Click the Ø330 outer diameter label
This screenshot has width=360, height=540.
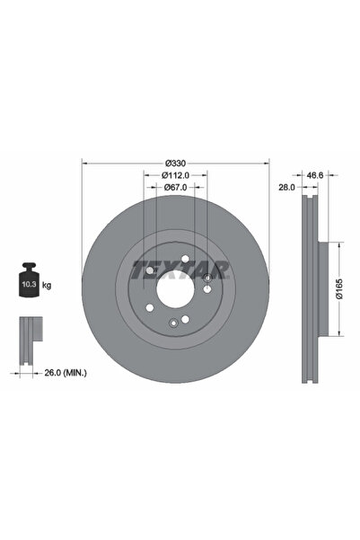(x=176, y=162)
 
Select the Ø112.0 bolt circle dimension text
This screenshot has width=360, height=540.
(x=176, y=174)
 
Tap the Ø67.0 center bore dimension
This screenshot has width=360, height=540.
(x=176, y=187)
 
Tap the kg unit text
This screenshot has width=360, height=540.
(x=46, y=285)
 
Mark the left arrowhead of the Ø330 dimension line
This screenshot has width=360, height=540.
(x=83, y=163)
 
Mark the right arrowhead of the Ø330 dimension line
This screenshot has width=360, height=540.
(x=268, y=163)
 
